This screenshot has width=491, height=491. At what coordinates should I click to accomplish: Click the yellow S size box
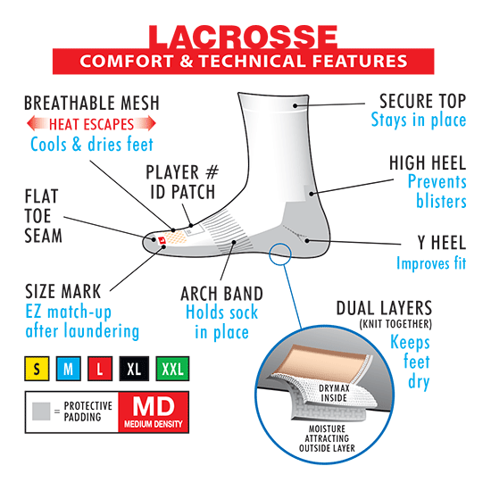[37, 369]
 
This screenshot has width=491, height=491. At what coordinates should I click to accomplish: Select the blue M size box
[69, 369]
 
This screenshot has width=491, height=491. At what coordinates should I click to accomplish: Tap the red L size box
[100, 369]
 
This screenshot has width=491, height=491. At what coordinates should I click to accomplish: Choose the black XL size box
[134, 369]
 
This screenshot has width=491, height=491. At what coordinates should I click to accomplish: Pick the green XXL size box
[172, 369]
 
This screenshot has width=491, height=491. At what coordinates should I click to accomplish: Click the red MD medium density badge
[154, 412]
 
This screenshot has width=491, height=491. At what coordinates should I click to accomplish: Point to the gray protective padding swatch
[41, 412]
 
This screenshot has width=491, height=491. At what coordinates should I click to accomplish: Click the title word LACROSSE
[244, 37]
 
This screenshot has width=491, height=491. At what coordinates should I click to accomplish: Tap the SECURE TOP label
[423, 101]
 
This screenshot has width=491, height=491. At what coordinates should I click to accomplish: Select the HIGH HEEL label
[428, 162]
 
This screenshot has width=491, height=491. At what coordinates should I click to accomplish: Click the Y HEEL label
[442, 243]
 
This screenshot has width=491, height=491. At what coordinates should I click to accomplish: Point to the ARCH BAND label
[221, 294]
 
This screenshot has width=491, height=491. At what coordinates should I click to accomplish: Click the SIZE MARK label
[63, 292]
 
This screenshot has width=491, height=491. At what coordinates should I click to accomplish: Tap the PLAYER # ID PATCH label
[182, 182]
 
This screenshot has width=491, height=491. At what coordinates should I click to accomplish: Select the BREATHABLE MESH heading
[92, 103]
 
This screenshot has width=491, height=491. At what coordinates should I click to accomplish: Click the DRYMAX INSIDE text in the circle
[334, 394]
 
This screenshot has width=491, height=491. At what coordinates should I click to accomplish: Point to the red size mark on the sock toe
[162, 241]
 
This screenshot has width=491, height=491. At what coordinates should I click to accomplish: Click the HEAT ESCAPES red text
[91, 124]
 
